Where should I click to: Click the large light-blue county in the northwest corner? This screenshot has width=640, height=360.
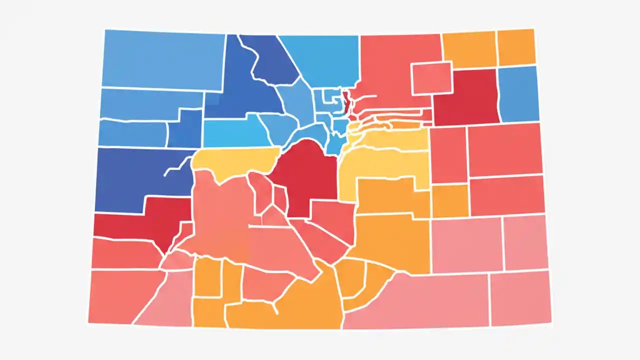pos(162,60)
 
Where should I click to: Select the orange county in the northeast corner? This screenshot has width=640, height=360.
pos(516,47)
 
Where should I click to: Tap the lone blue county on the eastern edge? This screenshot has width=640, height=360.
pos(518,94)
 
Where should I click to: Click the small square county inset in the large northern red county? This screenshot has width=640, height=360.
pos(431,78)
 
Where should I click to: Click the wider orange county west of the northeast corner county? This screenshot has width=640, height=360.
pos(468,49)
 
